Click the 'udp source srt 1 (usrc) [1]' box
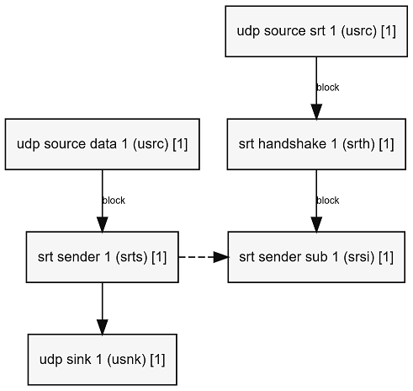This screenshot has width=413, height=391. coord(316,31)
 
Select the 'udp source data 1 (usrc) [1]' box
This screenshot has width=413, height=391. coord(103,144)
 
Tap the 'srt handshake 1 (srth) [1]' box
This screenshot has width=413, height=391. coord(316,144)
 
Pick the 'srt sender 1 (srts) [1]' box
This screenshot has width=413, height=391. coord(103,257)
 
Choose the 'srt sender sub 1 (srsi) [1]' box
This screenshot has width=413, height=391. coord(316,257)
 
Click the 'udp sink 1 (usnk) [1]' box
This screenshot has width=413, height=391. coord(103,360)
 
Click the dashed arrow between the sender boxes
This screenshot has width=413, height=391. coord(204,257)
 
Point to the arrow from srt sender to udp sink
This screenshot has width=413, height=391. coord(103,308)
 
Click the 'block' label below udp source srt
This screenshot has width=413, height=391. coord(328,88)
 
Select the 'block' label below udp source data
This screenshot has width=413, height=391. coord(114,201)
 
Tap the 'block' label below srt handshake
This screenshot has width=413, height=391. coord(328,201)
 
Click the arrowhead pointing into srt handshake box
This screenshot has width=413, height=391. coord(316,111)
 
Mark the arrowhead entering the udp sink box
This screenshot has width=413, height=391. coord(103,327)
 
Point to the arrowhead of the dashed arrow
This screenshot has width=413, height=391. coord(221,257)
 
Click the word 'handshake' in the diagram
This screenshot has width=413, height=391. coord(292,144)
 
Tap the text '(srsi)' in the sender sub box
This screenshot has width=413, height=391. coord(358,257)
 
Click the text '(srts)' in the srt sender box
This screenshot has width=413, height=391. coord(131,257)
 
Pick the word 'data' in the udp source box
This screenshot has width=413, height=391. coord(103,144)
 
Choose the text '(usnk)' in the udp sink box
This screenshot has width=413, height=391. coord(126,360)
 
